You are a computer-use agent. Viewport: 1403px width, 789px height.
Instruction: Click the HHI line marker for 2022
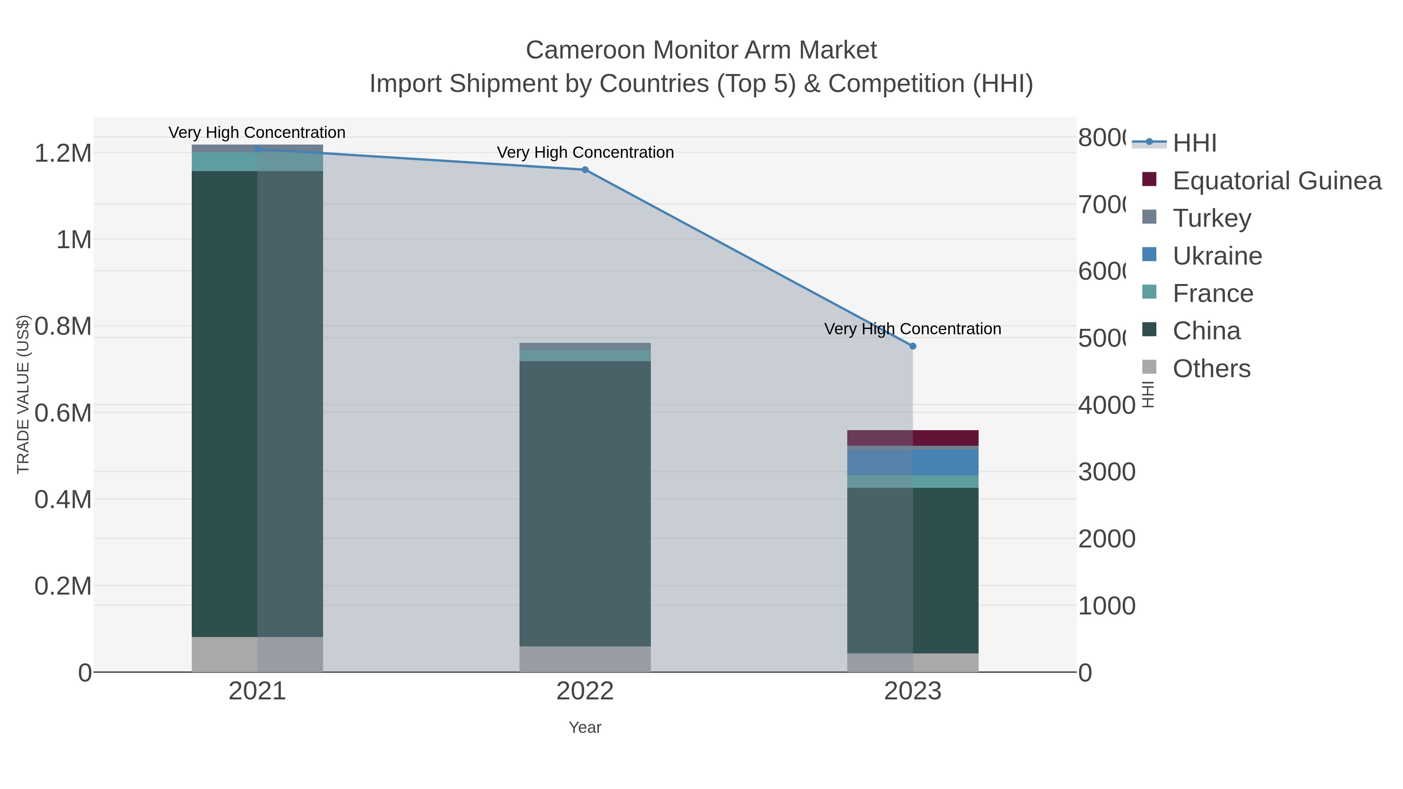pyautogui.click(x=585, y=170)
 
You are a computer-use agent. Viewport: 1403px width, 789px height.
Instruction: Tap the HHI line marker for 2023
pyautogui.click(x=913, y=346)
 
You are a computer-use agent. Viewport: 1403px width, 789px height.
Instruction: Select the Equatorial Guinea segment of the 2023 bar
pyautogui.click(x=913, y=438)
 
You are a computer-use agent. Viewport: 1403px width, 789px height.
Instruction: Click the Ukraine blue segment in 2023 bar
pyautogui.click(x=913, y=462)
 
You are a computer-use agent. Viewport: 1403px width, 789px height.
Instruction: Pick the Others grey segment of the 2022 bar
pyautogui.click(x=585, y=659)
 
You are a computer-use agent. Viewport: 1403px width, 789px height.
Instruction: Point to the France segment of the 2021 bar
pyautogui.click(x=257, y=162)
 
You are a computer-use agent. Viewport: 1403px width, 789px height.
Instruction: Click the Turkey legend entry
pyautogui.click(x=1211, y=218)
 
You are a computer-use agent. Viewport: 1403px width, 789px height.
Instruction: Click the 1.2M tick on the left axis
pyautogui.click(x=63, y=154)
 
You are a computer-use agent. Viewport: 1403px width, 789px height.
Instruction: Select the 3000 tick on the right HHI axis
pyautogui.click(x=1107, y=472)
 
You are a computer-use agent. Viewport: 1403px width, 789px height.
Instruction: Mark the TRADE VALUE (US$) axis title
pyautogui.click(x=23, y=394)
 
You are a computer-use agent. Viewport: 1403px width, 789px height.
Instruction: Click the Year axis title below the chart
pyautogui.click(x=585, y=727)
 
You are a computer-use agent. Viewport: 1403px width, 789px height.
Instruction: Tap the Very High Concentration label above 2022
pyautogui.click(x=585, y=152)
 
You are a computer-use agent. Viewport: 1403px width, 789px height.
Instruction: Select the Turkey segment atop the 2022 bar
pyautogui.click(x=585, y=346)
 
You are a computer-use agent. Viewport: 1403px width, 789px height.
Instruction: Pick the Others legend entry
pyautogui.click(x=1211, y=369)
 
